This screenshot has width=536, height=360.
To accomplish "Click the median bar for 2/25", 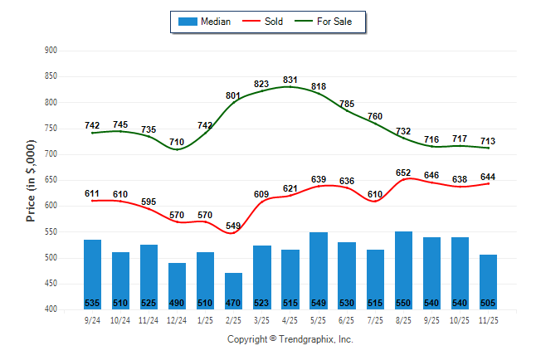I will (x=233, y=290).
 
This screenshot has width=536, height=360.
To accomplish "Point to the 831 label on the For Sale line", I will (x=290, y=80).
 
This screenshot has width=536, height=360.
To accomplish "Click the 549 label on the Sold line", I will (x=233, y=226).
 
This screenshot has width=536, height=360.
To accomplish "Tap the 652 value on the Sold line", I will (x=403, y=173).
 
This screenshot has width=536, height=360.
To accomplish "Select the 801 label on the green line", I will (x=233, y=95).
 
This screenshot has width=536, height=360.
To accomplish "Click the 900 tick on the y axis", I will (x=51, y=51).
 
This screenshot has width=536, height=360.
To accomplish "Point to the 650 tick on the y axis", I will (x=51, y=180).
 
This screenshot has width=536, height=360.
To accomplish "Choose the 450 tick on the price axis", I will (x=51, y=284).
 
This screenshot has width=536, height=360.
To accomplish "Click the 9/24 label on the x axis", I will (x=92, y=320).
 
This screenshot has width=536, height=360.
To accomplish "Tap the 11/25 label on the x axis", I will (x=488, y=320).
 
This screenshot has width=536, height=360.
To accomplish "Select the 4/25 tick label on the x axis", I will (x=290, y=320).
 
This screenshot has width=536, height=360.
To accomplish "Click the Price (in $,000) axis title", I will (x=32, y=179).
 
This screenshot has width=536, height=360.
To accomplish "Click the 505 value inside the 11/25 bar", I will (x=488, y=303).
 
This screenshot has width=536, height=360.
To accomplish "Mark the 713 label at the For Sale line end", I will (x=488, y=141).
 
